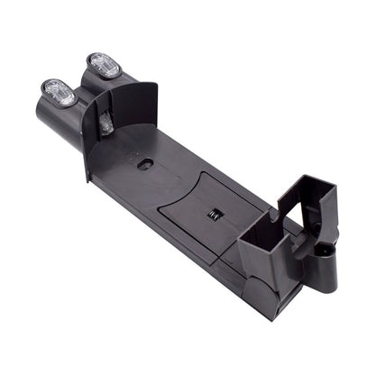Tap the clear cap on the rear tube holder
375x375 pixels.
[x=104, y=65]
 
